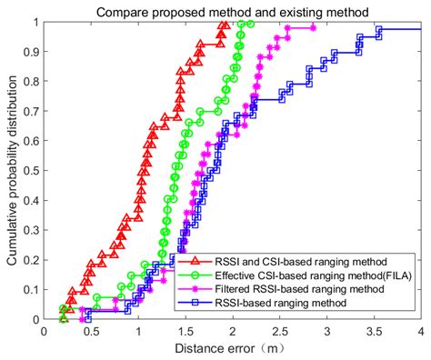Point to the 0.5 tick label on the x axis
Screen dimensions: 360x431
91,332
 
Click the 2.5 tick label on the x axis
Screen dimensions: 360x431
279,332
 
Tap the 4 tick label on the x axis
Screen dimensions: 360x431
421,332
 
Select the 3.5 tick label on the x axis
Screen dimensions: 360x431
374,332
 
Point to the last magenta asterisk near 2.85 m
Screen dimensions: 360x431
313,28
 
